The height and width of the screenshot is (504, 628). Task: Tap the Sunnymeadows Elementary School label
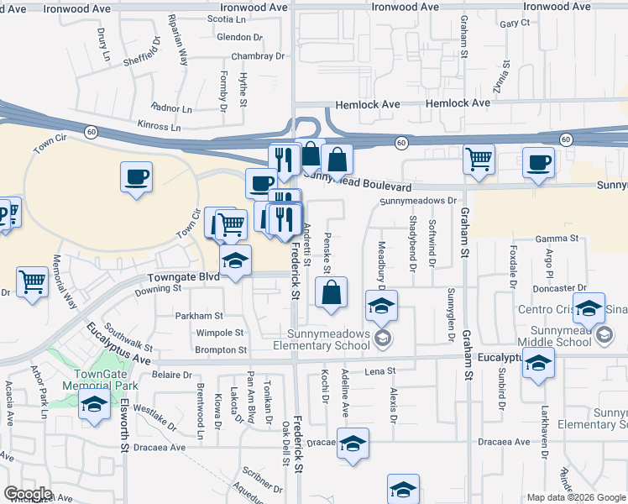[327, 339]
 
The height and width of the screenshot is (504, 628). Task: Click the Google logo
[28, 494]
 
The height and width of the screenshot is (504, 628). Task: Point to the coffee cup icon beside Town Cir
[136, 177]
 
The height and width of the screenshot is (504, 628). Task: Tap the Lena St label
[379, 370]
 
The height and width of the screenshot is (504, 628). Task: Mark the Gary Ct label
[515, 24]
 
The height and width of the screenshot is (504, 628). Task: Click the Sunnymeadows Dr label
[417, 202]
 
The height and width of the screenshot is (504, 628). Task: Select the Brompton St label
[221, 349]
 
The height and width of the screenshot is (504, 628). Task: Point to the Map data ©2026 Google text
[575, 497]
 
